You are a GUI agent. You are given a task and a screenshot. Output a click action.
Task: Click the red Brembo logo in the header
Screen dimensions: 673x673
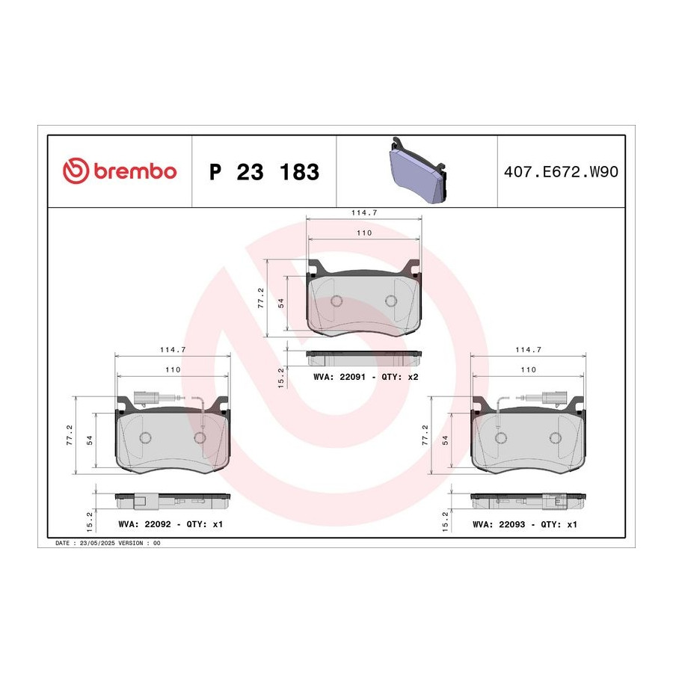[120, 171]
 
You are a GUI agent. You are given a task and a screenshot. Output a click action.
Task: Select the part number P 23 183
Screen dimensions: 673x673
[265, 172]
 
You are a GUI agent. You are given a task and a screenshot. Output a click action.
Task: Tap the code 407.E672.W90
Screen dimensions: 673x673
[561, 172]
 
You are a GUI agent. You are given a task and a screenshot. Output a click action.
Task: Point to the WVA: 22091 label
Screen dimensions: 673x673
[339, 377]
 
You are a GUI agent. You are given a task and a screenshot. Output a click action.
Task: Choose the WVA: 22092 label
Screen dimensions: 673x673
[144, 524]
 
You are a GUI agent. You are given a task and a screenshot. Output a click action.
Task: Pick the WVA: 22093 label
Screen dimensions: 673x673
[499, 524]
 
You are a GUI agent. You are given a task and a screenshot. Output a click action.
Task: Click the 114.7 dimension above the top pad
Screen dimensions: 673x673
[364, 212]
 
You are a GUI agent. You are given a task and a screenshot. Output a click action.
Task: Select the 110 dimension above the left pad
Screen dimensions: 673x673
[173, 369]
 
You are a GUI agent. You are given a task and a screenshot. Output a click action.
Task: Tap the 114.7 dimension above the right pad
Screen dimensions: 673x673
[529, 350]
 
